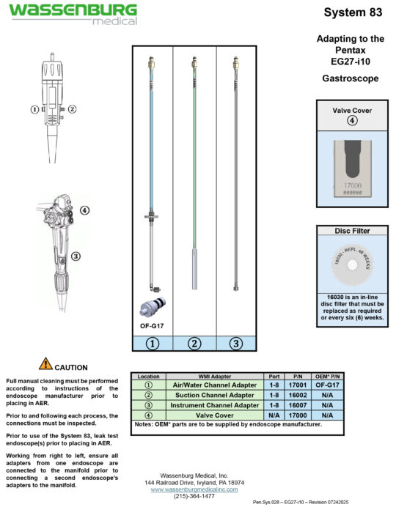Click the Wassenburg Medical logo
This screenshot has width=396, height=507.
pyautogui.click(x=72, y=14)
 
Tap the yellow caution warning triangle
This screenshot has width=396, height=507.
pyautogui.click(x=45, y=363)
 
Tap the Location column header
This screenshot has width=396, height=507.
pyautogui.click(x=148, y=376)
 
